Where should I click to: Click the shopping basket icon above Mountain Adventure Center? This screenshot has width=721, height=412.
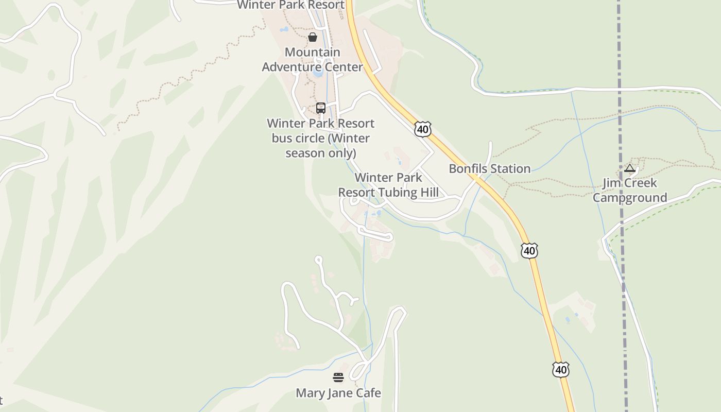tap(313, 37)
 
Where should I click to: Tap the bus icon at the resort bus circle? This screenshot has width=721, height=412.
tap(320, 108)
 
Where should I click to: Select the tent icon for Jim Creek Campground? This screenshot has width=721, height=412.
tap(629, 168)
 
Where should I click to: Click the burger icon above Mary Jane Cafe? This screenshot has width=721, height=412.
tap(338, 377)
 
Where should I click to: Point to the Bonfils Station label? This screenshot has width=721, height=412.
tap(489, 169)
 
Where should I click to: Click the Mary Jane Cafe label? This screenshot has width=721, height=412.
tap(338, 393)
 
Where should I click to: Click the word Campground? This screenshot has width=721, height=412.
tap(629, 198)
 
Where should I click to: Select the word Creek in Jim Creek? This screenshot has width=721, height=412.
tap(641, 183)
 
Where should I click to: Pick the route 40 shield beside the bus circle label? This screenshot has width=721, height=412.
tap(422, 129)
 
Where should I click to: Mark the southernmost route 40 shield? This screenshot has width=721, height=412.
tap(561, 369)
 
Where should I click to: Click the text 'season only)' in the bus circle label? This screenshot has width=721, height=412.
tap(320, 153)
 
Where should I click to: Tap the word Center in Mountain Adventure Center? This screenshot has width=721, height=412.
tap(344, 67)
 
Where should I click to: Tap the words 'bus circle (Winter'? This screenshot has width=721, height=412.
tap(320, 139)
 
